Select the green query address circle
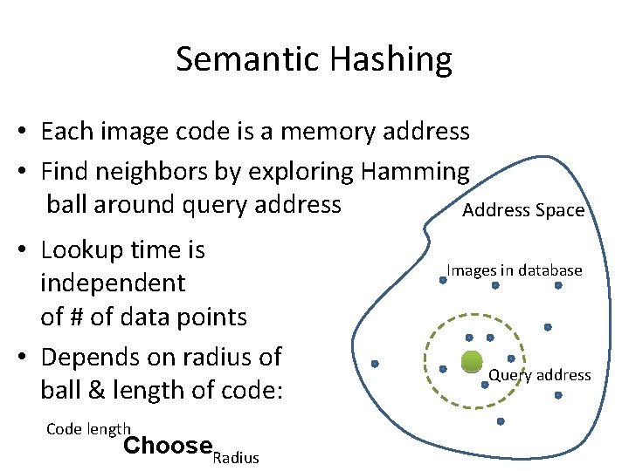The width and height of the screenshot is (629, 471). click(471, 362)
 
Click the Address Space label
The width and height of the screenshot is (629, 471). click(522, 210)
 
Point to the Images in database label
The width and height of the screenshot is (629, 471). click(515, 270)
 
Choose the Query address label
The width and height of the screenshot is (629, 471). click(539, 375)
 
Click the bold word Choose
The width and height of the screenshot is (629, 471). click(168, 446)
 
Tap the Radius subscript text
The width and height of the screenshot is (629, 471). click(236, 458)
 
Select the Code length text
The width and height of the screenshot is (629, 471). click(87, 428)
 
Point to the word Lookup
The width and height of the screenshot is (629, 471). click(79, 250)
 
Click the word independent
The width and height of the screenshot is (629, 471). click(113, 283)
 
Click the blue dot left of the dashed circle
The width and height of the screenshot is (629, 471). click(375, 364)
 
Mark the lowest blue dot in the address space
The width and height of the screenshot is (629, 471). click(501, 421)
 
